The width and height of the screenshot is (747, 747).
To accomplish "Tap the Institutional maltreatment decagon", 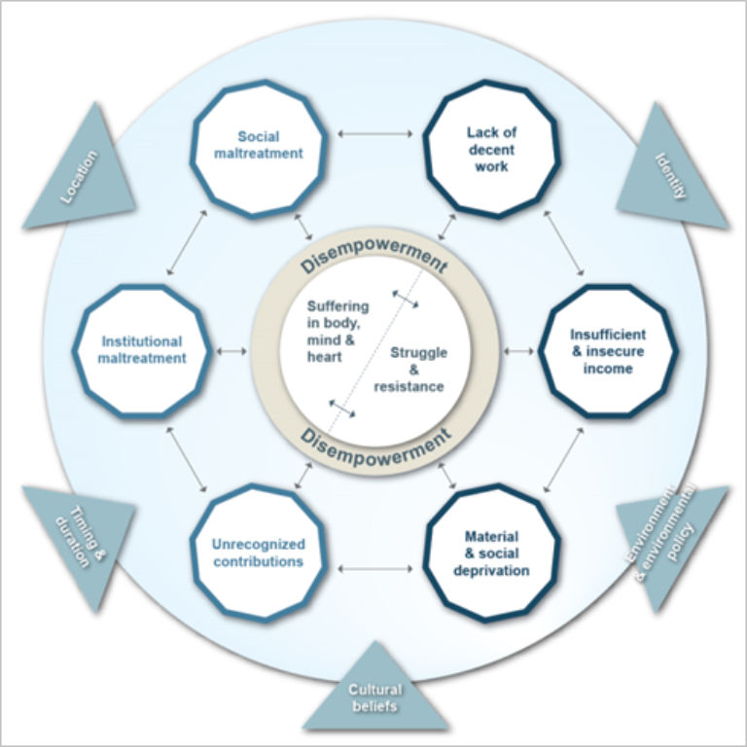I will [142, 350].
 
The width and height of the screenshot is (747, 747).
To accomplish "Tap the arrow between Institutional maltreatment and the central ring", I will [232, 350].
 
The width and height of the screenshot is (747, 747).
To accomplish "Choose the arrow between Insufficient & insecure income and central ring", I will [518, 350].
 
